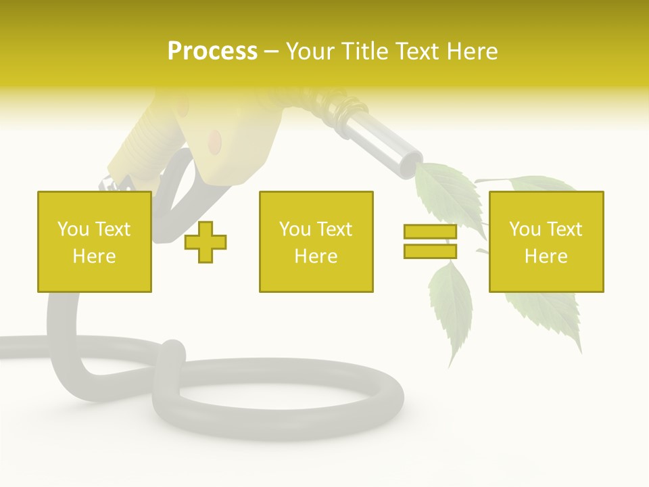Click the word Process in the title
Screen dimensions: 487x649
coord(212,51)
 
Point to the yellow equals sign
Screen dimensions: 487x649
coord(430,241)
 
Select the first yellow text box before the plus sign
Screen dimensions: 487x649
coord(95,242)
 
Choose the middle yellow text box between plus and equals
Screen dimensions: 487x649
coord(316,242)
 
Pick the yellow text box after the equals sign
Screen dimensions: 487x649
coord(546,242)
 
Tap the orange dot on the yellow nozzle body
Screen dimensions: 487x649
coord(215,140)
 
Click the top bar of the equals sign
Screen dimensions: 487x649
coord(430,232)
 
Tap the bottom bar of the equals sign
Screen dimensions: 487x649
coord(430,251)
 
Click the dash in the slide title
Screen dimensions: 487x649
coord(271,51)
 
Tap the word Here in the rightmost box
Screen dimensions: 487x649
coord(546,256)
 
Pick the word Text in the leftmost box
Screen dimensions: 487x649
coord(112,229)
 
